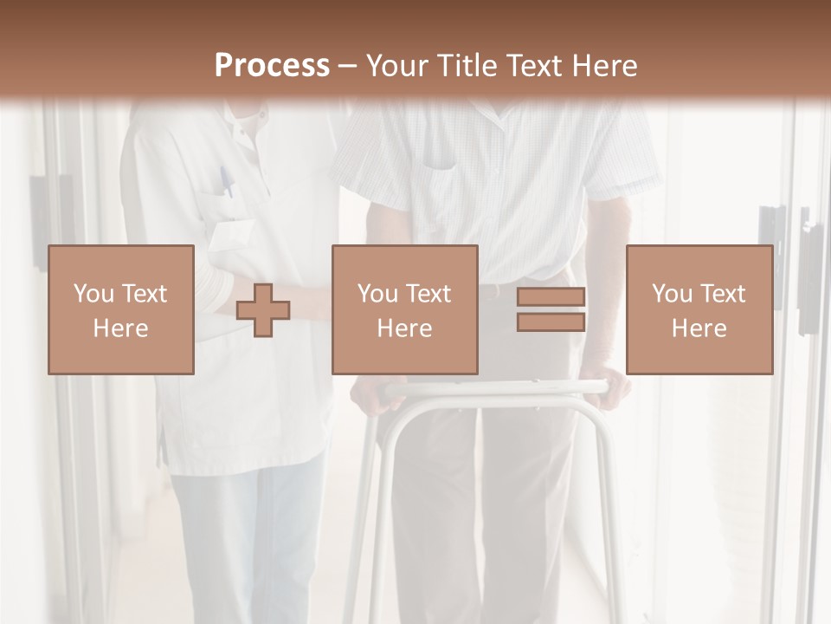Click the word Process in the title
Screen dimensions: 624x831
click(272, 66)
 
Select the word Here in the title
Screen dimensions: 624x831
click(601, 66)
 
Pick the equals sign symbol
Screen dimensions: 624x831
click(551, 309)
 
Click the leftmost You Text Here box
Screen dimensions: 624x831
click(121, 309)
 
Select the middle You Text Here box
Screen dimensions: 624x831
click(404, 309)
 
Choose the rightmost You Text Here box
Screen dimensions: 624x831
click(699, 309)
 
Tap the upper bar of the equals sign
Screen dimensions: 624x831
click(551, 297)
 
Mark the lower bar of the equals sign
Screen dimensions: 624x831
click(551, 322)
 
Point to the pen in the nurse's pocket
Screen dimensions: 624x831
click(225, 182)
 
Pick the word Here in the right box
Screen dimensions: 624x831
click(699, 328)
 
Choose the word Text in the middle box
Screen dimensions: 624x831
click(427, 294)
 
